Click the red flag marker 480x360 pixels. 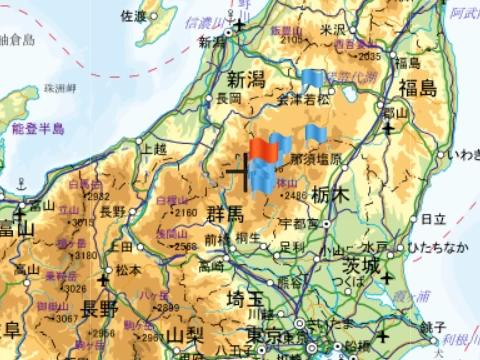(x=264, y=150)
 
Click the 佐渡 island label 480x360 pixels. (x=133, y=16)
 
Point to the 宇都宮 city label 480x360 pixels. (x=299, y=221)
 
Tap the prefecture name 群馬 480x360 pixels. (x=225, y=214)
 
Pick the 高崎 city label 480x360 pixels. (x=211, y=267)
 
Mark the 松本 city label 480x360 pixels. (x=128, y=269)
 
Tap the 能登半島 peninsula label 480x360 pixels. (x=38, y=129)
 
